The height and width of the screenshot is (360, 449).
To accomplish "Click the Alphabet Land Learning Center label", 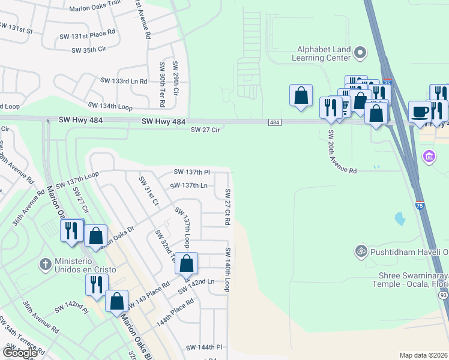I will click(x=321, y=54).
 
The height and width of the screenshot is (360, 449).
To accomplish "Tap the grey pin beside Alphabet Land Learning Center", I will click(x=360, y=53).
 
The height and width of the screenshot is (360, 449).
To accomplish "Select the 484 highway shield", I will click(x=274, y=122).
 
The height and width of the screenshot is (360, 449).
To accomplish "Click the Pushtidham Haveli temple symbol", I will click(x=361, y=250).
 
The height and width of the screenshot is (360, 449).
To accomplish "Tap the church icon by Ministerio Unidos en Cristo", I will click(x=46, y=264).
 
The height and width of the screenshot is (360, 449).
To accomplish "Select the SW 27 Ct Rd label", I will click(x=228, y=207).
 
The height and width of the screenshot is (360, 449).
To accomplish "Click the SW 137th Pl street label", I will click(x=192, y=172).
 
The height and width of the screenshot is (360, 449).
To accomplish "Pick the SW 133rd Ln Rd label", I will click(x=124, y=80).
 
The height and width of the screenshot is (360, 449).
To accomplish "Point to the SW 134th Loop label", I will click(x=110, y=106).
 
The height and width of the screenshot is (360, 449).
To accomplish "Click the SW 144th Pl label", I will click(x=204, y=347).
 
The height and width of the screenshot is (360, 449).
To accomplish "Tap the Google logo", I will click(x=20, y=353).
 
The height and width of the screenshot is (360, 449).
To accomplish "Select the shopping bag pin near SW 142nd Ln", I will click(x=187, y=263).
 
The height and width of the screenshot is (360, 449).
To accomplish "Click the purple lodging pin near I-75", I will click(x=429, y=158).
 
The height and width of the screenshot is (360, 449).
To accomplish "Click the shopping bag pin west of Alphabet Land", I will click(x=301, y=95).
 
